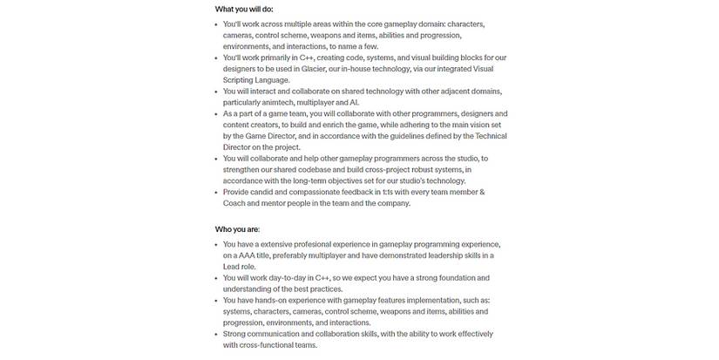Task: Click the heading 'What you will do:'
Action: point(246,10)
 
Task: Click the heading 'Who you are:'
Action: point(237,229)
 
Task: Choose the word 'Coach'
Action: point(236,202)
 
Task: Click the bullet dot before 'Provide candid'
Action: point(216,191)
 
